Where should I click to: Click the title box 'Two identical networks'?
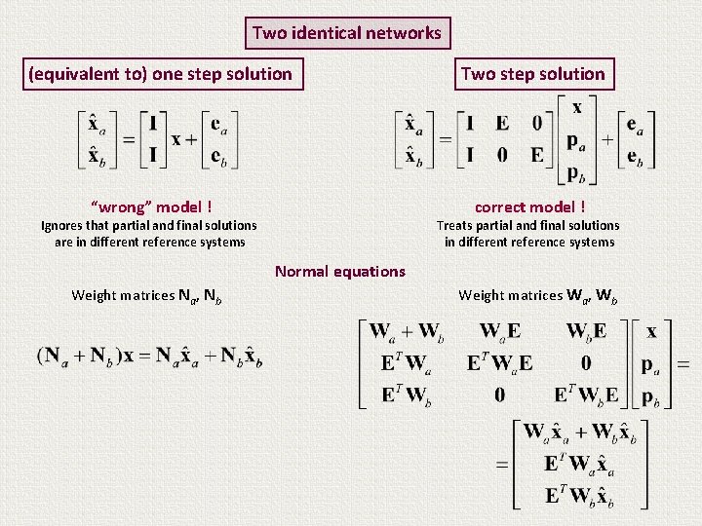point(347,33)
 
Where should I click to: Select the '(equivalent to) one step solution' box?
point(161,74)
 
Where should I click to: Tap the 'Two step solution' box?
point(532,74)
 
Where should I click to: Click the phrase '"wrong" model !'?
point(151,207)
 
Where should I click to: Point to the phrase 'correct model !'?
point(529,207)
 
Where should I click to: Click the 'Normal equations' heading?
point(339,271)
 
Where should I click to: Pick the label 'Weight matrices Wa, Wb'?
point(538,294)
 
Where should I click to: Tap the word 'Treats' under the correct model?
point(456,225)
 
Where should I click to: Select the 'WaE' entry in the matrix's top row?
point(500,332)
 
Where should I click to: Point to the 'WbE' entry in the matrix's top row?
point(587,332)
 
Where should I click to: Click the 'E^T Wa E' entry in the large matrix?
point(500,363)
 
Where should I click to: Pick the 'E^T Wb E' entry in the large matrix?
point(587,395)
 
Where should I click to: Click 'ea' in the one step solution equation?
point(225,124)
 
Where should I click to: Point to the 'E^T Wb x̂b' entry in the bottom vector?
point(579,496)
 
